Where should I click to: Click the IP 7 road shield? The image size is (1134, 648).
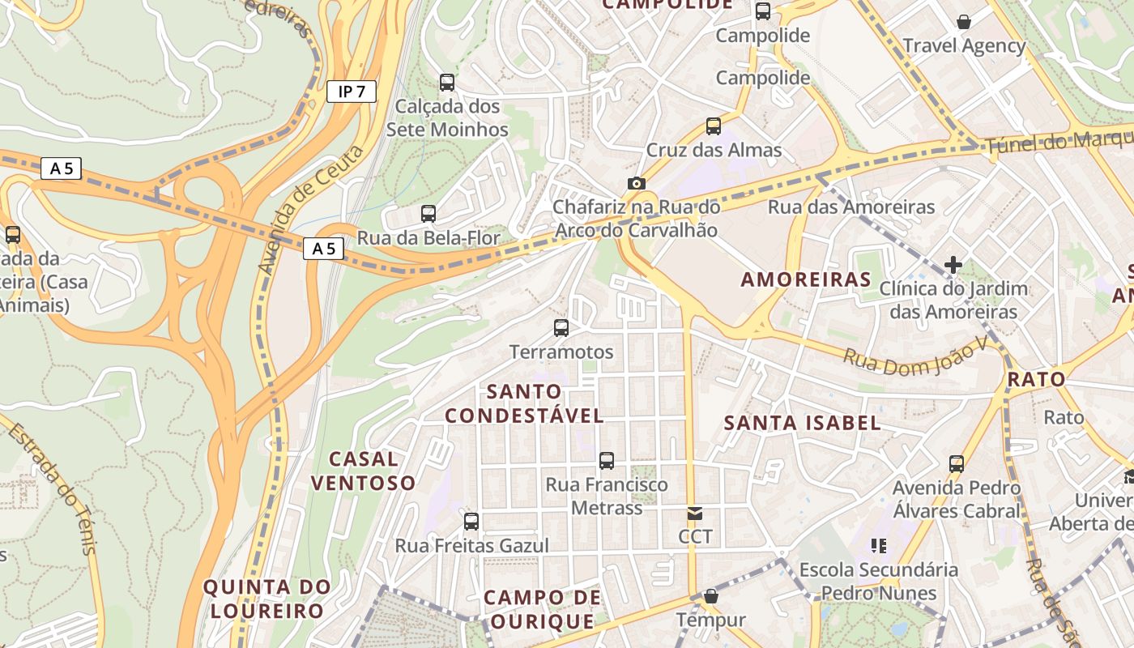352,92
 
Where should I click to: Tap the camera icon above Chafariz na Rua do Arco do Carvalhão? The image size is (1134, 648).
637,184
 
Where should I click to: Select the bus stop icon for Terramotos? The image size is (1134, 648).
561,328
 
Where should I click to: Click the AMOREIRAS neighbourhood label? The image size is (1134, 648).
806,280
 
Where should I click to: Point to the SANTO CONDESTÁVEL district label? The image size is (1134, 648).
525,403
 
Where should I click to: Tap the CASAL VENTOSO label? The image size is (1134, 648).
363,471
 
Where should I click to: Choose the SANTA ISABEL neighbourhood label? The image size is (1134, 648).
802,423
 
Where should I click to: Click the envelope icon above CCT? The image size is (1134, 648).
695,513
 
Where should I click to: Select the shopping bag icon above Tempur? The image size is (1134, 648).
710,596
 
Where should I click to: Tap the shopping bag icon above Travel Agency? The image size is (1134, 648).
964,22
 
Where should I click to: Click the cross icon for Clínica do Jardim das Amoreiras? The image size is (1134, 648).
953,264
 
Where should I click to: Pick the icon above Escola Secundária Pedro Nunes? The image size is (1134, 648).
878,546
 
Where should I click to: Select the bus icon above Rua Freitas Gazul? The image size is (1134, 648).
471,521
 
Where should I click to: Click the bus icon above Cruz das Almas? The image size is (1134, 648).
713,126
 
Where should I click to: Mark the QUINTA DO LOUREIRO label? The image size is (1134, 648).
266,599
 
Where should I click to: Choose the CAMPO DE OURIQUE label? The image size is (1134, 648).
542,609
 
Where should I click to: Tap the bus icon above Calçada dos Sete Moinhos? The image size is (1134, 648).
446,82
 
